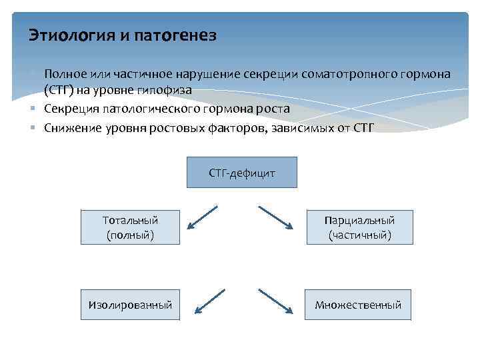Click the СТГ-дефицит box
coord(242,173)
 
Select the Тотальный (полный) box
coord(130,227)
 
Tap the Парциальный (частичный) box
coord(359,227)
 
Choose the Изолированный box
coord(130,305)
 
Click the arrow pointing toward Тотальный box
coord(202,217)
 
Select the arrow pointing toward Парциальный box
coord(275,217)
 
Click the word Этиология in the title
coord(71,35)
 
